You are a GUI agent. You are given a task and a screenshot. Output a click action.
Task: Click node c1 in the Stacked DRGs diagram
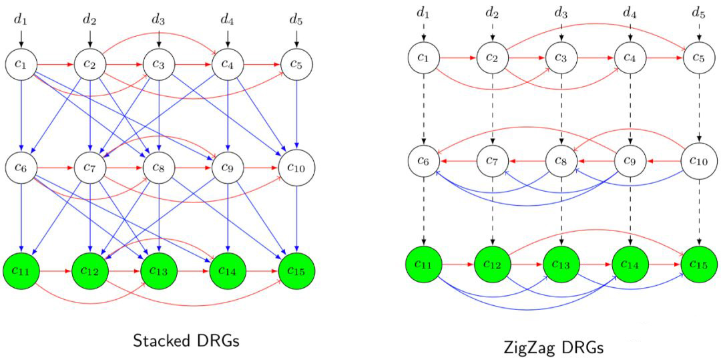coord(21,65)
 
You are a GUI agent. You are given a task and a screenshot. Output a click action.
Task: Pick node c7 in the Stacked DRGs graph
coord(90,168)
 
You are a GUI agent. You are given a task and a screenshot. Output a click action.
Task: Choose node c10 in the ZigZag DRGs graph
coord(699,162)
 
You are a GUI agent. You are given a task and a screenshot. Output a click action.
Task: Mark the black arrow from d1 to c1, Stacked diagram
coord(21,39)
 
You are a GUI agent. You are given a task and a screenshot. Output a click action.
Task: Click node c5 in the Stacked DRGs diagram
coord(296,65)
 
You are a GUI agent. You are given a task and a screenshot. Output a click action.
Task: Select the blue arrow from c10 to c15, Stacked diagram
coord(296,219)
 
